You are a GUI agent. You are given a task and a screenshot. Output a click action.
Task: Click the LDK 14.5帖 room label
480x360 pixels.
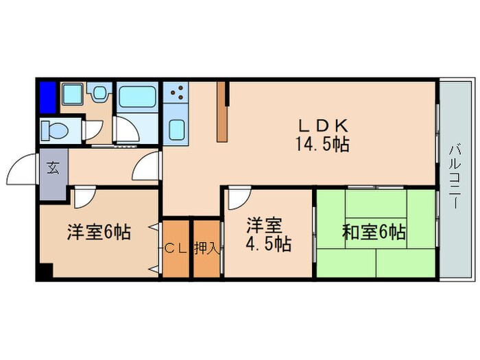pos(322,134)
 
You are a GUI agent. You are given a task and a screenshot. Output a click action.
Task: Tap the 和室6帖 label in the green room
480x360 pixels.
pos(374,232)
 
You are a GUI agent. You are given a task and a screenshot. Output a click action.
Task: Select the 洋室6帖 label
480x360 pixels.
pos(99,232)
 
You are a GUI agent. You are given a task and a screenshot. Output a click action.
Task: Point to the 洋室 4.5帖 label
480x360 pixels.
pos(268,235)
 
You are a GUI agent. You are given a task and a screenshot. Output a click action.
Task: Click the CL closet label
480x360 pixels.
pos(176,248)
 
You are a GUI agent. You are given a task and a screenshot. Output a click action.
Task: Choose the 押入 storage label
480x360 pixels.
pos(207,248)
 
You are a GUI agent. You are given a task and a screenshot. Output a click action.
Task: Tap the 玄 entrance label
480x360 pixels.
pos(53,168)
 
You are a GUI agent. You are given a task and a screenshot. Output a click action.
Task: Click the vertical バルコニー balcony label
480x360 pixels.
pos(455,177)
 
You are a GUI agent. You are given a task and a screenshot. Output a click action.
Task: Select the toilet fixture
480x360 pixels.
pos(54,131)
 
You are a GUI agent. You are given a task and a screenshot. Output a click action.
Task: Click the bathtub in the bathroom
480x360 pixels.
pos(137,97)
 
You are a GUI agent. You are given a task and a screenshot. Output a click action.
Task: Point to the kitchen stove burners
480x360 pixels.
pos(178,93)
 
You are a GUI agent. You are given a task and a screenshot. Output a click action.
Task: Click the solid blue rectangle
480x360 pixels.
pos(48,97)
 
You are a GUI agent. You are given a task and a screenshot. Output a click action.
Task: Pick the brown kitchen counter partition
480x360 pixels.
pos(222,112)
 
